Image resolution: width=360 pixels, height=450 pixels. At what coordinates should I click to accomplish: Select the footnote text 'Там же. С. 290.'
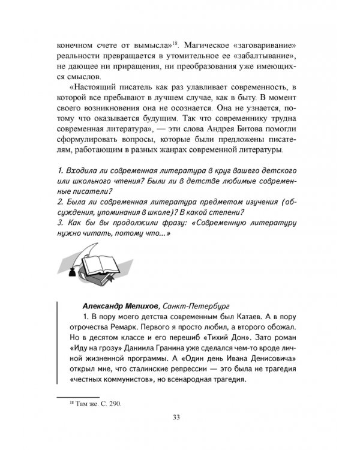coord(95,405)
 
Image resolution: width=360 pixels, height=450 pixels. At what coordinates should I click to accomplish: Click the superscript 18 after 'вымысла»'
coord(175,44)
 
